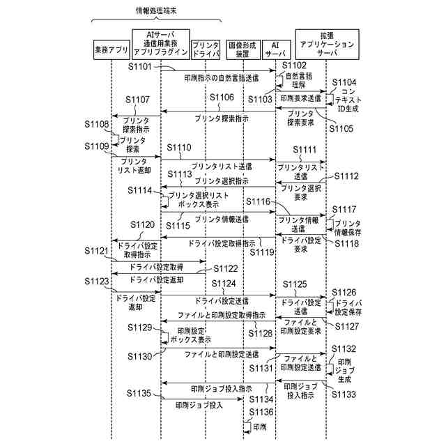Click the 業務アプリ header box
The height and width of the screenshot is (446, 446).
(x=111, y=51)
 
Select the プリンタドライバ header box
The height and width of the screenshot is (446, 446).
(x=206, y=50)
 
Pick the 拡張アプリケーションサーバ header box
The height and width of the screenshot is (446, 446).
(x=327, y=43)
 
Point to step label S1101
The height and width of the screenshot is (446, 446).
(x=145, y=66)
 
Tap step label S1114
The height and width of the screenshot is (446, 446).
(x=144, y=190)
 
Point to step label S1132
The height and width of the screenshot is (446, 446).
(x=344, y=348)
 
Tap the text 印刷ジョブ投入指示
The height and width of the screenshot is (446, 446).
(x=213, y=388)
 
